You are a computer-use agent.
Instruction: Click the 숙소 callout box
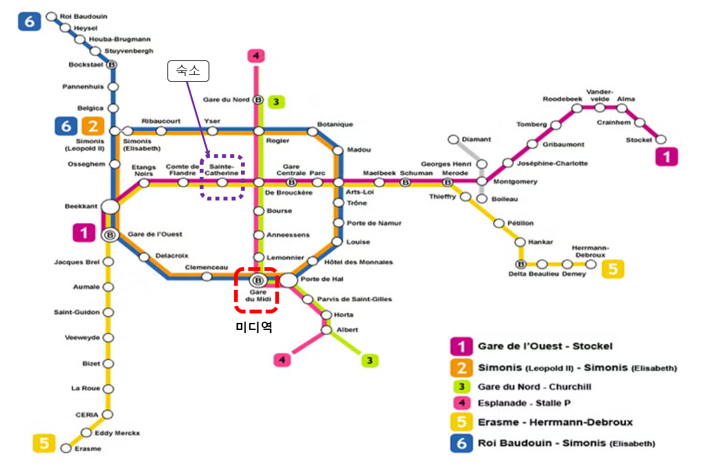(188, 72)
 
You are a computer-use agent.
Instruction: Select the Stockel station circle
(661, 140)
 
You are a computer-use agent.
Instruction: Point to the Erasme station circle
(66, 449)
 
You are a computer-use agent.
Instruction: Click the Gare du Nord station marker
(258, 100)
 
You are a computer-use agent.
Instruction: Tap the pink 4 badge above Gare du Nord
(256, 56)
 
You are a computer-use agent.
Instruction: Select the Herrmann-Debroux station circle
(590, 264)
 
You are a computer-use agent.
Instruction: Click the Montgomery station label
(515, 181)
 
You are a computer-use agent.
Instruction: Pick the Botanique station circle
(312, 131)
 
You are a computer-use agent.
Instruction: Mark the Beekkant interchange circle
(110, 207)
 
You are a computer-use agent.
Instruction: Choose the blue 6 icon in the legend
(462, 443)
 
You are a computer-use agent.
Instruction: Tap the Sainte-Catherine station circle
(222, 182)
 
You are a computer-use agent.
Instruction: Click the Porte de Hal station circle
(288, 280)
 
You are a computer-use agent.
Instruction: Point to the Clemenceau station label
(205, 267)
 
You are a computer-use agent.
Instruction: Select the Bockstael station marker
(112, 64)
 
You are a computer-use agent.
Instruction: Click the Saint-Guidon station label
(76, 312)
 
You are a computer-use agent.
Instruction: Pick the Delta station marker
(521, 264)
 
